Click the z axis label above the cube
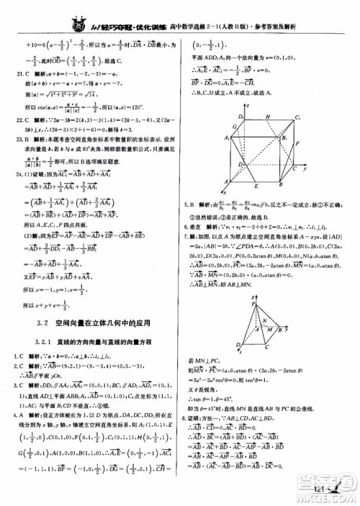point(248,105)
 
